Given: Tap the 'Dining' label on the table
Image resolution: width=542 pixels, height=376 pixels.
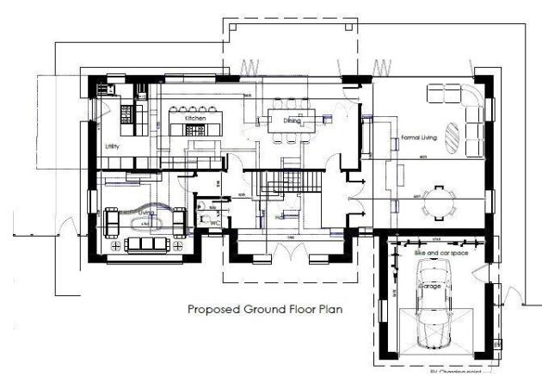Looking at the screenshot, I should point(292,121).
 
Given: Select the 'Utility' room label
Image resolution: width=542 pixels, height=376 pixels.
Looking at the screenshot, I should point(112,147).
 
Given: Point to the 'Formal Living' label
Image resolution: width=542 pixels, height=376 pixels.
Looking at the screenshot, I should point(419,137).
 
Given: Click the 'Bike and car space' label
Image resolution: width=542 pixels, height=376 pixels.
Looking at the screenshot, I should point(431,255).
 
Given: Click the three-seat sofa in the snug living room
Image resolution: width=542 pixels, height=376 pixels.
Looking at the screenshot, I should point(145,244).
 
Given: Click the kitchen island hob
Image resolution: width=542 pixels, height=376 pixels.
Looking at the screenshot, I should point(194,129).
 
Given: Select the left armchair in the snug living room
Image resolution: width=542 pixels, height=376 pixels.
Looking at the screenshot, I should point(112,221).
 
